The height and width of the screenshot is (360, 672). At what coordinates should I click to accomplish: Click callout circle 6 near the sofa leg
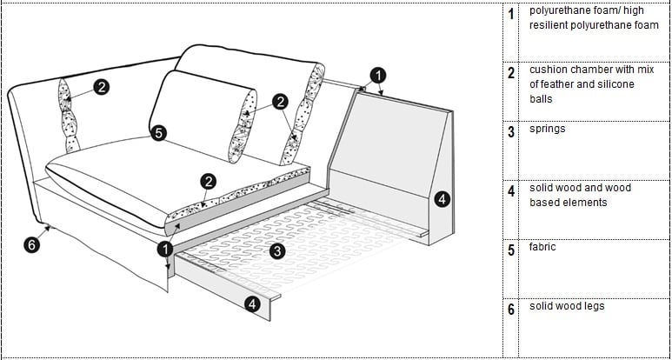pyautogui.click(x=31, y=245)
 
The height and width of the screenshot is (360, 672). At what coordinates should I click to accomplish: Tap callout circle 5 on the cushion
pyautogui.click(x=158, y=133)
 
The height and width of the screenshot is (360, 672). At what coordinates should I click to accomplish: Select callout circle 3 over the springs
pyautogui.click(x=277, y=251)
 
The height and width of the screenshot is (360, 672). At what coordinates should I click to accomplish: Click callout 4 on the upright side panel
pyautogui.click(x=442, y=199)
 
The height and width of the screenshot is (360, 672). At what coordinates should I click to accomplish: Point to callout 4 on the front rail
pyautogui.click(x=252, y=304)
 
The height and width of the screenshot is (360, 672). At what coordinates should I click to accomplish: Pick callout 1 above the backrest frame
pyautogui.click(x=377, y=76)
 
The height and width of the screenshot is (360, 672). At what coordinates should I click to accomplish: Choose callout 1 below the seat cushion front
pyautogui.click(x=165, y=249)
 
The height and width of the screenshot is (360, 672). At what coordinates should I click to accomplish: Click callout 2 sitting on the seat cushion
pyautogui.click(x=209, y=182)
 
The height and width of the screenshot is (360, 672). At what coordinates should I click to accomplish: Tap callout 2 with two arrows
pyautogui.click(x=280, y=102)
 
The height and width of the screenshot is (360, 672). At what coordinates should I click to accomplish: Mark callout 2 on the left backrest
pyautogui.click(x=102, y=88)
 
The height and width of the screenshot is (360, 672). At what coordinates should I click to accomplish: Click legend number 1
pyautogui.click(x=510, y=14)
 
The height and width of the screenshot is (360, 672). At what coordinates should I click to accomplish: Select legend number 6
pyautogui.click(x=511, y=310)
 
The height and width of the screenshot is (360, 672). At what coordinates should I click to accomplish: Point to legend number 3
pyautogui.click(x=511, y=132)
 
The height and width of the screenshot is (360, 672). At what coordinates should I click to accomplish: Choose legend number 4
pyautogui.click(x=511, y=191)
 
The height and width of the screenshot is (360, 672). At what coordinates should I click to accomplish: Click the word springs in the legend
pyautogui.click(x=548, y=129)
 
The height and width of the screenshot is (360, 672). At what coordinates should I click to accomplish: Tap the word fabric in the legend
pyautogui.click(x=542, y=247)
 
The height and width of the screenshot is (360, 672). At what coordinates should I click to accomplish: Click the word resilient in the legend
pyautogui.click(x=550, y=25)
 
